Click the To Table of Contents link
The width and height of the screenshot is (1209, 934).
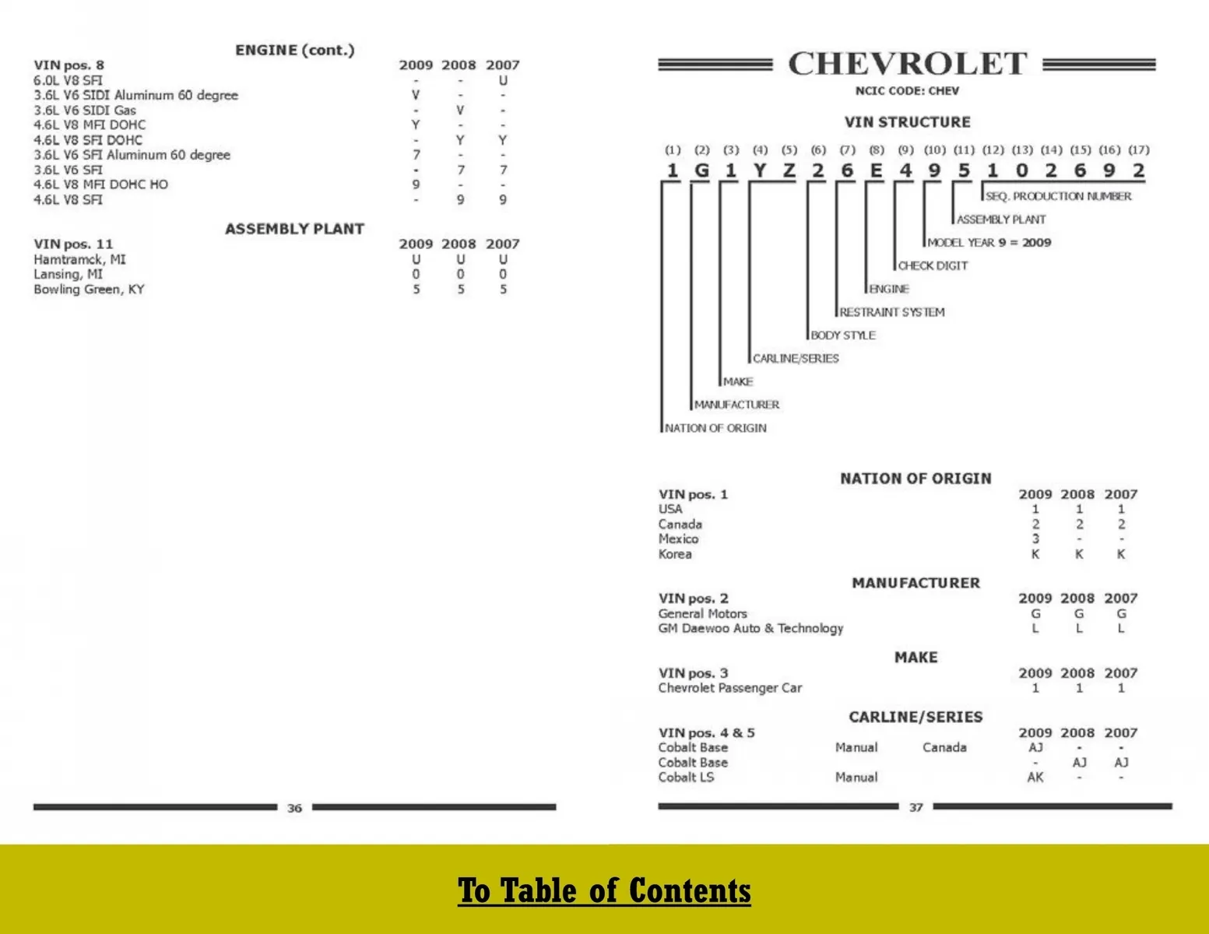click(604, 890)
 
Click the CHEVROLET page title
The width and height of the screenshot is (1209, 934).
click(907, 64)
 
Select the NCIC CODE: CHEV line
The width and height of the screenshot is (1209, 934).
click(907, 91)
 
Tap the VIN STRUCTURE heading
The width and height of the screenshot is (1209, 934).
click(907, 122)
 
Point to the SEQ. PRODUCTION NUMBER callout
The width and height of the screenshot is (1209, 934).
click(1058, 196)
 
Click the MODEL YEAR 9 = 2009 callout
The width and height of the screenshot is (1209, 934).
click(989, 243)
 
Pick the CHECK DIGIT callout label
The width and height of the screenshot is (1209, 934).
click(933, 266)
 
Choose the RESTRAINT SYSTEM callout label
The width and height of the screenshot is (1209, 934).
click(891, 312)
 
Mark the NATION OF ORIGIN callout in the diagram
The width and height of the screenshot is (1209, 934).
click(715, 428)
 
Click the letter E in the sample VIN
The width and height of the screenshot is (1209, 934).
click(876, 170)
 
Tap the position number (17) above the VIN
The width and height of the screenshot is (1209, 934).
click(1138, 149)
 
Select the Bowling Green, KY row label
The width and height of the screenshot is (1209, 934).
click(89, 290)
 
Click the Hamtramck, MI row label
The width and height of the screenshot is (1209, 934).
click(79, 259)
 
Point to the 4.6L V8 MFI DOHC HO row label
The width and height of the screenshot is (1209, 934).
click(100, 184)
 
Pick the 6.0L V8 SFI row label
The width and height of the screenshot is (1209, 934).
click(68, 80)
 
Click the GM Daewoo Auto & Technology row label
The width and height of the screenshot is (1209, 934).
click(750, 628)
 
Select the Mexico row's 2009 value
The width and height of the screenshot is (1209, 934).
click(1035, 539)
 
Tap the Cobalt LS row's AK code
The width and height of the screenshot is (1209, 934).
click(1035, 777)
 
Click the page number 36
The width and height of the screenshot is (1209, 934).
click(294, 808)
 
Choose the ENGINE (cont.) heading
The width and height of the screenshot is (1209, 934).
click(294, 50)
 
